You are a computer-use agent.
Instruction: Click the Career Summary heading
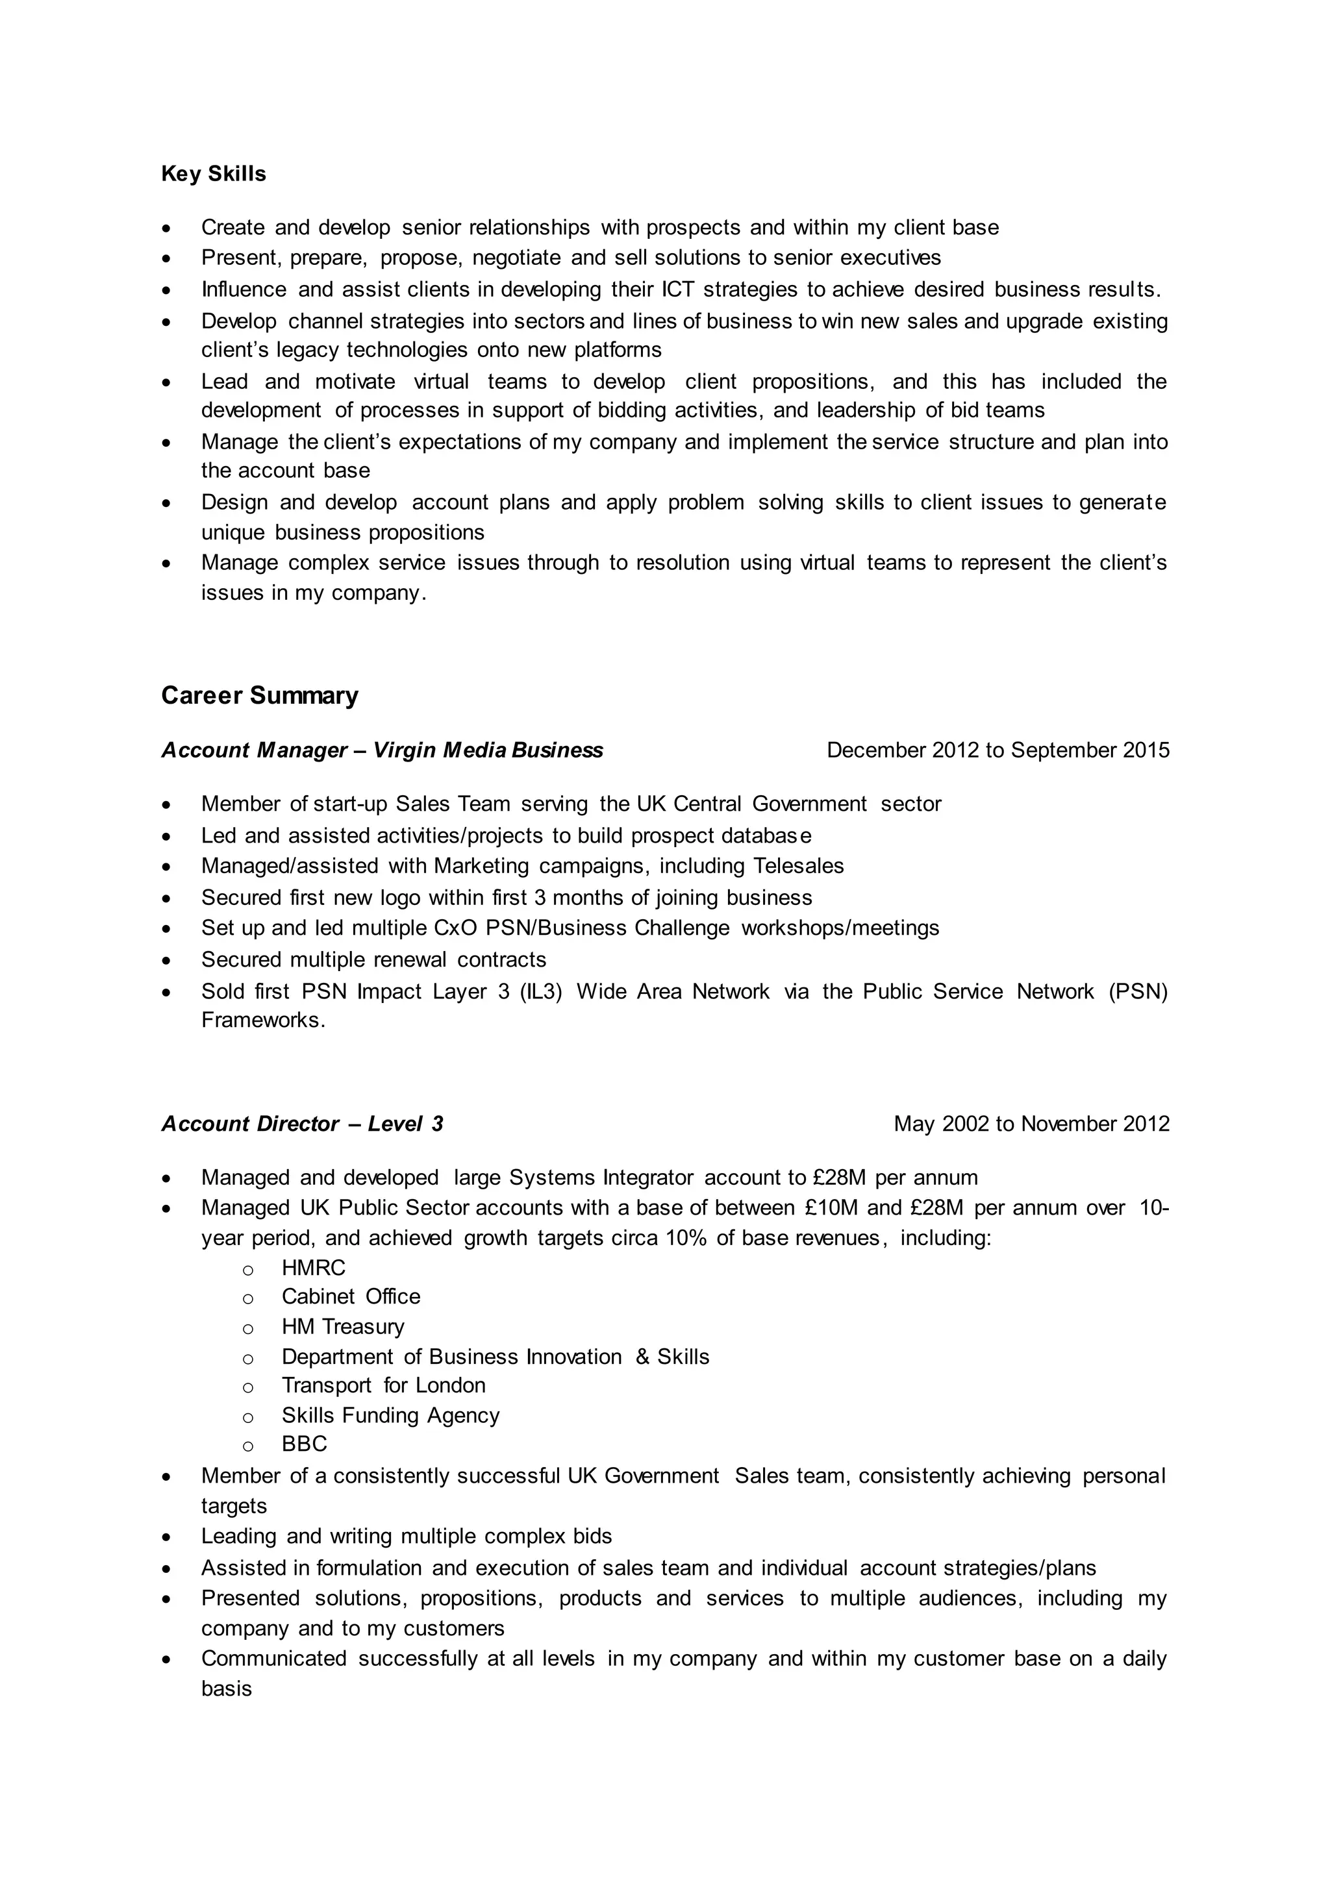[x=260, y=695]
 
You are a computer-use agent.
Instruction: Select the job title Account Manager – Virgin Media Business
[x=382, y=750]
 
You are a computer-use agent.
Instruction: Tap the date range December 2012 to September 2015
[x=997, y=750]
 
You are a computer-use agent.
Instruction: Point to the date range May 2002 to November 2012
[x=1031, y=1124]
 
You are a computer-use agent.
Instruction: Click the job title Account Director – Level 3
[x=302, y=1124]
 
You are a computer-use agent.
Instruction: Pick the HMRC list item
[x=313, y=1268]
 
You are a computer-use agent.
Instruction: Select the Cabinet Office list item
[x=351, y=1296]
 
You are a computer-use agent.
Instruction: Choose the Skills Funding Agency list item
[x=390, y=1415]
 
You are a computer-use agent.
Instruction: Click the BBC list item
[x=304, y=1444]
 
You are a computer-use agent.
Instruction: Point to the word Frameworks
[x=263, y=1020]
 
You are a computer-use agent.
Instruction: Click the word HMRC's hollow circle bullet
[x=247, y=1269]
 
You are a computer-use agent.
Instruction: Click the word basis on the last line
[x=226, y=1688]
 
